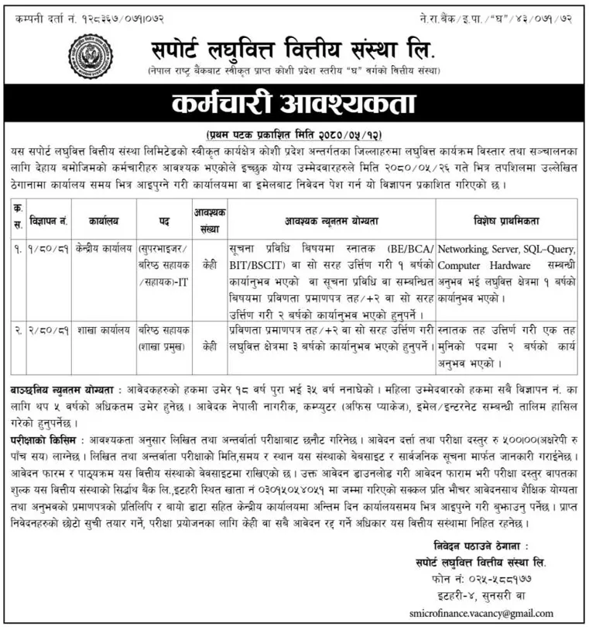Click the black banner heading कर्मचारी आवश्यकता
click(x=293, y=104)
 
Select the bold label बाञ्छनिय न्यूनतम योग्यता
click(x=63, y=385)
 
